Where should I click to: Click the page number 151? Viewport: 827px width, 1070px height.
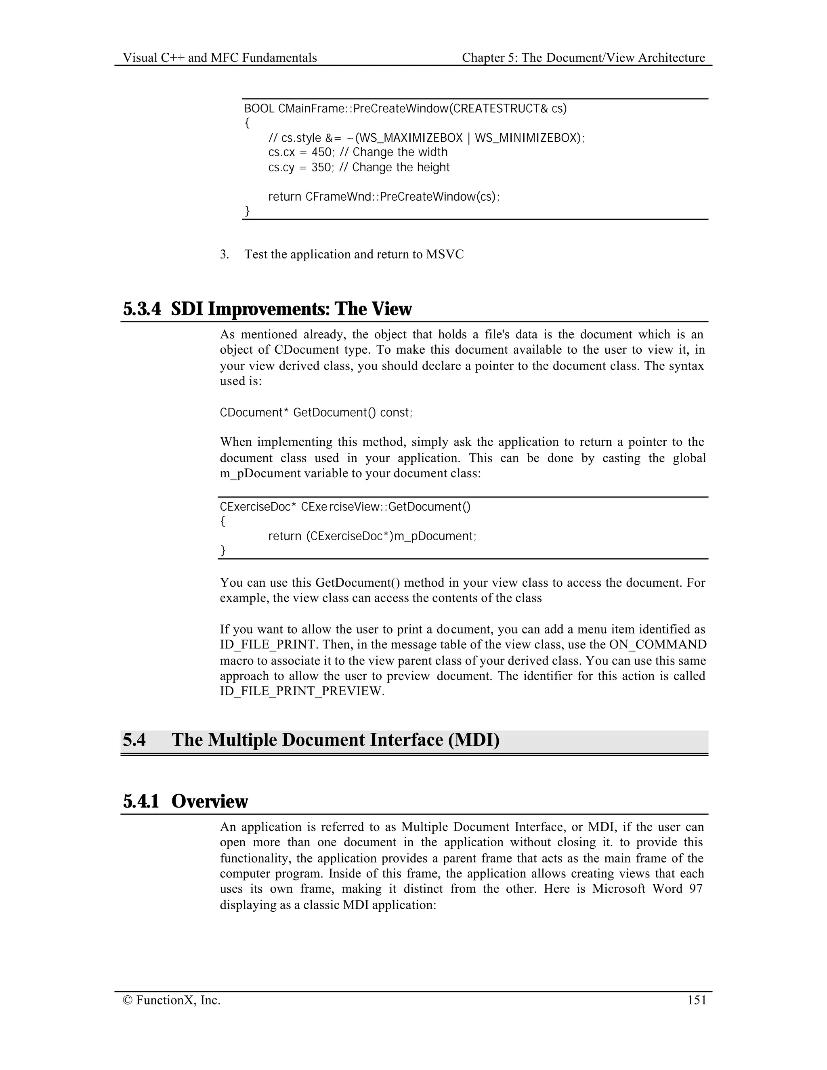[x=697, y=1000]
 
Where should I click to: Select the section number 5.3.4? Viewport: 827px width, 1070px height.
[x=142, y=309]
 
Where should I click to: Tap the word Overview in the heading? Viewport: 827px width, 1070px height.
[x=210, y=801]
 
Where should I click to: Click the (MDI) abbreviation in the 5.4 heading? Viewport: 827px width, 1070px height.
[x=474, y=740]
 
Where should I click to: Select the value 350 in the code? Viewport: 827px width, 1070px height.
[x=322, y=168]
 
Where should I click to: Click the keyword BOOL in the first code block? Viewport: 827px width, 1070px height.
[x=259, y=108]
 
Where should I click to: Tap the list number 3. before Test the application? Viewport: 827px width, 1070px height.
[x=225, y=255]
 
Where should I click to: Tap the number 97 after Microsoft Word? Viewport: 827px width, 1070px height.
[x=696, y=889]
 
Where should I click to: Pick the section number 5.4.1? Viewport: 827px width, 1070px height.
[x=141, y=801]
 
